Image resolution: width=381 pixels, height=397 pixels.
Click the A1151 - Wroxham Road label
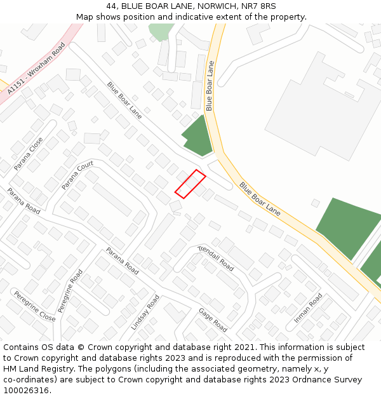coord(37,71)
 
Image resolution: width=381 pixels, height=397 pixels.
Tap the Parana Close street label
coord(29,153)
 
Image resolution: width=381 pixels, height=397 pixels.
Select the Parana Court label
coord(77,175)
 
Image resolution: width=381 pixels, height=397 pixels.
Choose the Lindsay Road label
coord(145,312)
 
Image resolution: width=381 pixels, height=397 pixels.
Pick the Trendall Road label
coord(216,258)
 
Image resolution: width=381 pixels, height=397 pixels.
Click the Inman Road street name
coord(308,307)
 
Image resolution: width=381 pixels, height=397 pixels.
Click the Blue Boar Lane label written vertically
coord(210,86)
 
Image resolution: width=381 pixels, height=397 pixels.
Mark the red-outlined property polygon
coord(190,184)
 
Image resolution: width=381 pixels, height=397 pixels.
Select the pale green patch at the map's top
coord(161,30)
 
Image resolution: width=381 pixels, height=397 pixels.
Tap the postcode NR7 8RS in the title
coord(259,6)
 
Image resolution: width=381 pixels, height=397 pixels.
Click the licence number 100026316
coord(27,390)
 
